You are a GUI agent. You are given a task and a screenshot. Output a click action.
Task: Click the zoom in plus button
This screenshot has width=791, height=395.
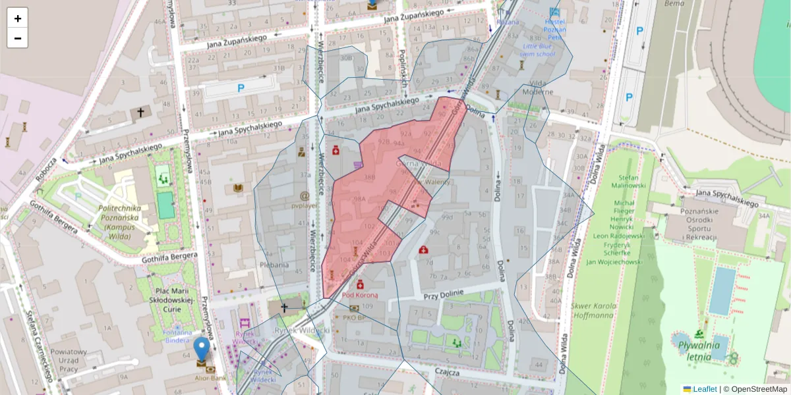(x=18, y=18)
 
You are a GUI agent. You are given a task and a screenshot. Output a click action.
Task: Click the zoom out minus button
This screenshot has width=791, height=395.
(x=18, y=38)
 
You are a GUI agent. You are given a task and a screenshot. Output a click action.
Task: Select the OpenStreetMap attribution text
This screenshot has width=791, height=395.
(x=759, y=389)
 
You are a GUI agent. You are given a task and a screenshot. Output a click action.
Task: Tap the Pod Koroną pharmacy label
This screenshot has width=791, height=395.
(x=360, y=296)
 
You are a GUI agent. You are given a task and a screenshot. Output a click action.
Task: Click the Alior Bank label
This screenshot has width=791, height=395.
(x=211, y=379)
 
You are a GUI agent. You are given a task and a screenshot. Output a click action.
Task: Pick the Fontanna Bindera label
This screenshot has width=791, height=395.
(x=177, y=336)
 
